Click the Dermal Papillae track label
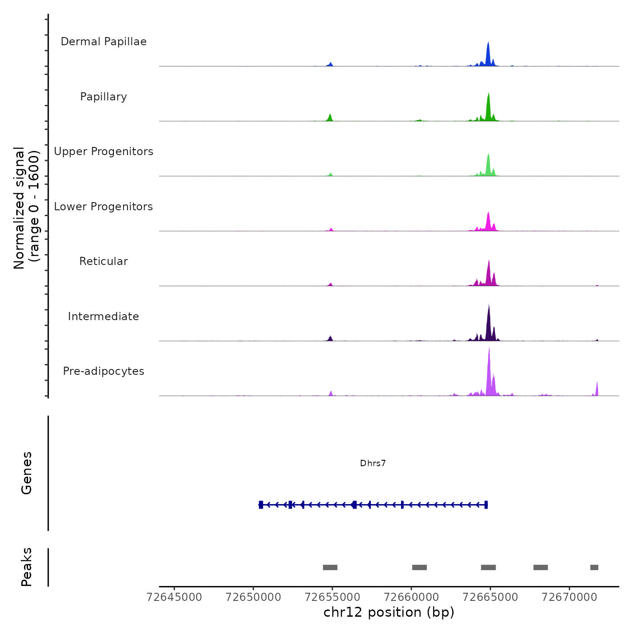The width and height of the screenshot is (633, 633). [104, 42]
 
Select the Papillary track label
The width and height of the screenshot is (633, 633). [104, 97]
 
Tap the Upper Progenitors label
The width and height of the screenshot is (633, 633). [104, 151]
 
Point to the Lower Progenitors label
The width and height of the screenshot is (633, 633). [104, 207]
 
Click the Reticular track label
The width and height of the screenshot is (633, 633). [104, 261]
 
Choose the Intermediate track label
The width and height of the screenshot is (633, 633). [104, 316]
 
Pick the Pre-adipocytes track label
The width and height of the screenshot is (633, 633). [104, 371]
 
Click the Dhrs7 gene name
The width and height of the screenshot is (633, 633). [373, 463]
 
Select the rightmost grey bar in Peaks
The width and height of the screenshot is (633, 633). [594, 567]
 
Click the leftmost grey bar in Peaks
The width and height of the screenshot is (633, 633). [330, 567]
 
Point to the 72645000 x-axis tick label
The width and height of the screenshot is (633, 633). [175, 597]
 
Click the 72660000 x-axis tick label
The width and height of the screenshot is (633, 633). [411, 597]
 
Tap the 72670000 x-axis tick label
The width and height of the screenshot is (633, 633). [569, 597]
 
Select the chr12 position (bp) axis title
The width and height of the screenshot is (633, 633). [389, 612]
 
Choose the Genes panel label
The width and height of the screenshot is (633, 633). [27, 473]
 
